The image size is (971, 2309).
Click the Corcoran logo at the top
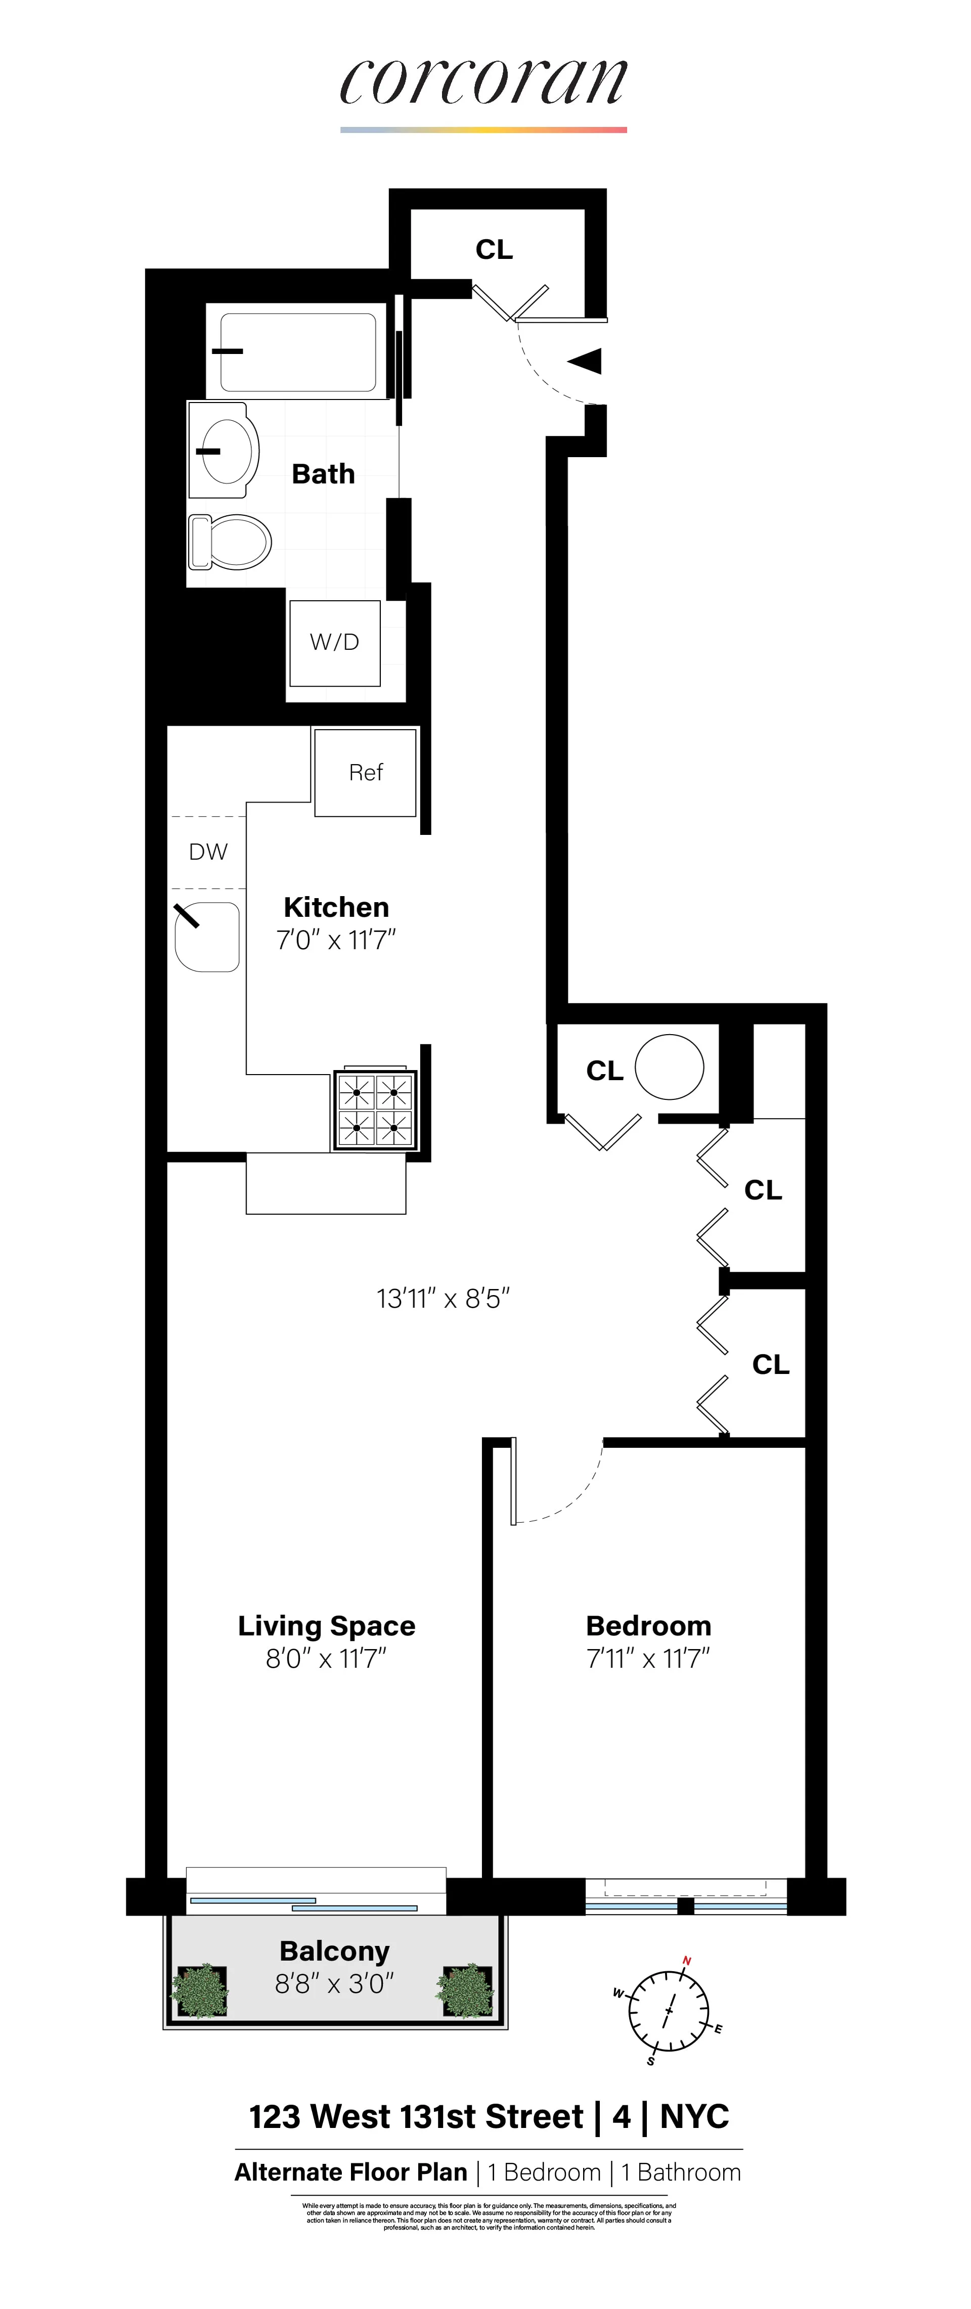(x=483, y=82)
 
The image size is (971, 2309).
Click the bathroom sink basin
(x=224, y=450)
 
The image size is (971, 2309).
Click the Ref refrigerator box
(x=365, y=772)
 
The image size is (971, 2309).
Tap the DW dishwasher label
(x=208, y=852)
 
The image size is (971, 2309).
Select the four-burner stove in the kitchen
(x=375, y=1109)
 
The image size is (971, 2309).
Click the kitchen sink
(x=208, y=937)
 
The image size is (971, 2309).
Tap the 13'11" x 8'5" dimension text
(x=443, y=1299)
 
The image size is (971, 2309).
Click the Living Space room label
(x=326, y=1626)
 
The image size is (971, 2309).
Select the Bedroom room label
(x=648, y=1626)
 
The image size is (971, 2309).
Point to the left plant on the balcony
(x=199, y=1991)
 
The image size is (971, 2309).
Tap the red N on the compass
(x=687, y=1960)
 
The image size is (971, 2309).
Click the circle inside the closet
(x=669, y=1067)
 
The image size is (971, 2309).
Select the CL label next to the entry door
(x=494, y=250)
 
